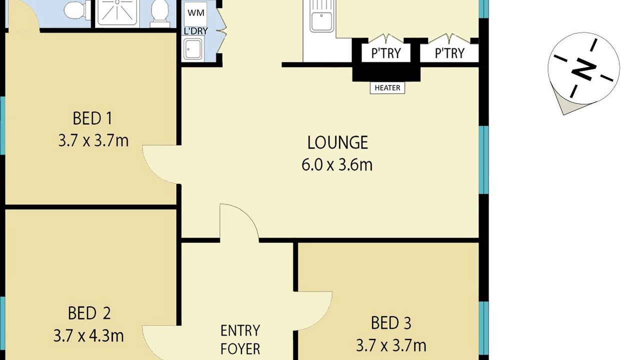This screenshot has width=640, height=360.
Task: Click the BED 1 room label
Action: tap(92, 118)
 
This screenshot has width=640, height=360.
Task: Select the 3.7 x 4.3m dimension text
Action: tap(88, 336)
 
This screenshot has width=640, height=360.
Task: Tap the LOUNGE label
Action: tap(337, 142)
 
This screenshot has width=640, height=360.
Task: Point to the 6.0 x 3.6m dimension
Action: tap(337, 165)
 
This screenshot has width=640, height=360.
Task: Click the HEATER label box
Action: tap(387, 88)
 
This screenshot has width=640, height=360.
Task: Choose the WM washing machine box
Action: tap(196, 13)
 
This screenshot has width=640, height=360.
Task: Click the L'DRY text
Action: tap(195, 31)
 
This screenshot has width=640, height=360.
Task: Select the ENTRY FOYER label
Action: tap(240, 339)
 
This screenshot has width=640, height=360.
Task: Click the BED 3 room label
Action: tap(391, 323)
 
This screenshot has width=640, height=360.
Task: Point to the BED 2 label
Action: tap(89, 313)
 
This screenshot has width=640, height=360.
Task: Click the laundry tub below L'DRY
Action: tap(193, 49)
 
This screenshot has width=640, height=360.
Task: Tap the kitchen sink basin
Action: tap(321, 21)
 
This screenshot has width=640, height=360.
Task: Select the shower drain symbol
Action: tap(117, 2)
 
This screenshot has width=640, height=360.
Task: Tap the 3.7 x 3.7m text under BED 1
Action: tap(93, 141)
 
